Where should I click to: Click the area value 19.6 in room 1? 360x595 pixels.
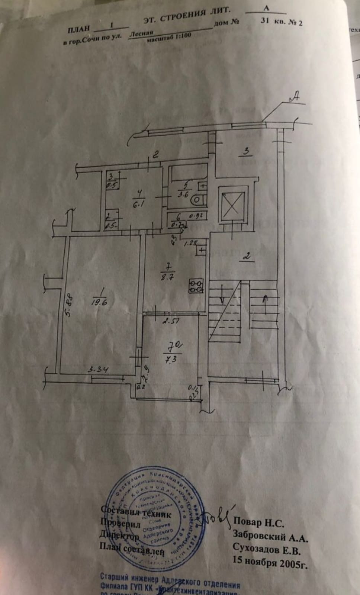click(100, 302)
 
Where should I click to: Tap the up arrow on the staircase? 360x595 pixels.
click(265, 299)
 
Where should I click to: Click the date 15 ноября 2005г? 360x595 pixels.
click(270, 560)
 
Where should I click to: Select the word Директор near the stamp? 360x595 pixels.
click(120, 536)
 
